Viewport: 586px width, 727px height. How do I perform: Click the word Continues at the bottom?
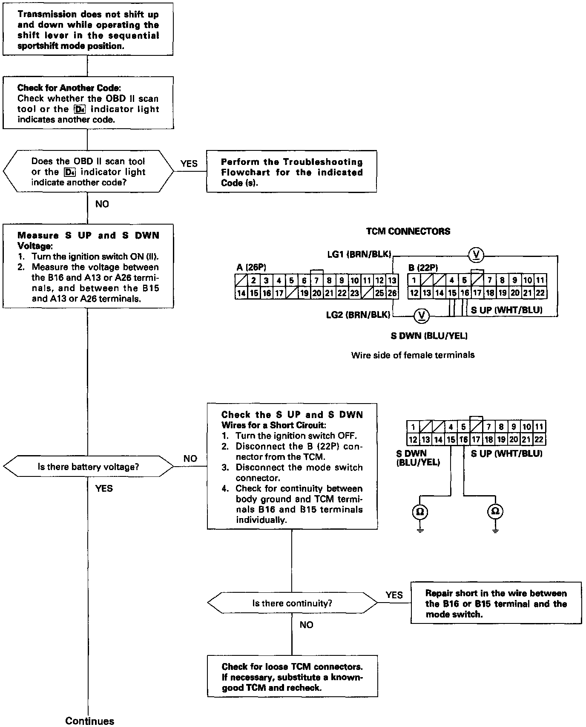[x=90, y=721]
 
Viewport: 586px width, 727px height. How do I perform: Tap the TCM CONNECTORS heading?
[x=408, y=231]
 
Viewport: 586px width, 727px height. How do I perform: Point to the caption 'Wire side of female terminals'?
[x=413, y=355]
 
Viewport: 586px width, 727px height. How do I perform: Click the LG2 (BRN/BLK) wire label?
[x=358, y=315]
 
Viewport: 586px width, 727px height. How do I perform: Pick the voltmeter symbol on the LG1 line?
[x=476, y=255]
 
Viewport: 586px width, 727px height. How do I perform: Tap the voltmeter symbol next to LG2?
[x=422, y=315]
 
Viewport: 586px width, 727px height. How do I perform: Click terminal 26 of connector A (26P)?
[x=392, y=293]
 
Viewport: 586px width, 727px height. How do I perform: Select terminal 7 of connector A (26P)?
[x=317, y=280]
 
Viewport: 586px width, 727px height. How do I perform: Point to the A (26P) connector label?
[x=251, y=267]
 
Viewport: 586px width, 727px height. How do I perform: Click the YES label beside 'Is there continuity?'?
[x=394, y=595]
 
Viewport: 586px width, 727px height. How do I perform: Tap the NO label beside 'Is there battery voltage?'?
[x=190, y=459]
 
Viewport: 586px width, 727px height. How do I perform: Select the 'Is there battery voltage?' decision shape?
[x=88, y=467]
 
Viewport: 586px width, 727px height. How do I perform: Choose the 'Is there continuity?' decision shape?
[x=292, y=603]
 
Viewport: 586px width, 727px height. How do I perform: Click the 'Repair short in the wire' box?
[x=496, y=604]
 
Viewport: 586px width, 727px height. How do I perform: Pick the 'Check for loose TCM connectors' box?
[x=292, y=677]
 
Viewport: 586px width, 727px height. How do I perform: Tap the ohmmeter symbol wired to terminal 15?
[x=420, y=511]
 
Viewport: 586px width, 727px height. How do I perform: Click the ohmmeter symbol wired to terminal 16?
[x=495, y=511]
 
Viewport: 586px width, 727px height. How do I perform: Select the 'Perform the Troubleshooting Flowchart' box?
[x=291, y=172]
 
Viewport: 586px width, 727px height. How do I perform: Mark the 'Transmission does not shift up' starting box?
[x=88, y=30]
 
